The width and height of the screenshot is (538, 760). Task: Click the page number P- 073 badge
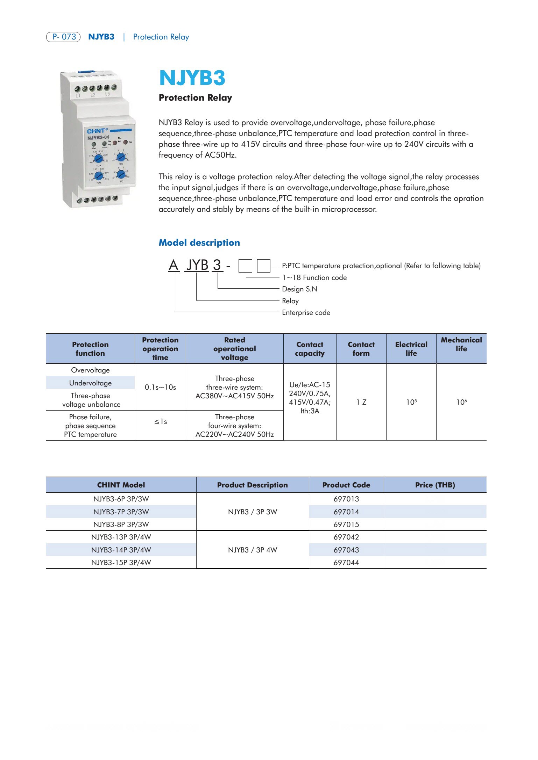pyautogui.click(x=63, y=37)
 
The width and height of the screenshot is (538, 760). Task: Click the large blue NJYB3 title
pyautogui.click(x=192, y=78)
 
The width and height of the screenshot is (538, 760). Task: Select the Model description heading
pyautogui.click(x=199, y=243)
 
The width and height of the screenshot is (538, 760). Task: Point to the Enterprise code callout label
pyautogui.click(x=306, y=312)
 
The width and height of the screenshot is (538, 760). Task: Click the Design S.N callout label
pyautogui.click(x=299, y=289)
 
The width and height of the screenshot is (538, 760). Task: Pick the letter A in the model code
pyautogui.click(x=174, y=265)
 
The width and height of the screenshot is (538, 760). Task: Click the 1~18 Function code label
pyautogui.click(x=314, y=277)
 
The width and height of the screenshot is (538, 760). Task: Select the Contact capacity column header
pyautogui.click(x=310, y=349)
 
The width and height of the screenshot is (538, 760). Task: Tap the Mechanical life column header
pyautogui.click(x=461, y=344)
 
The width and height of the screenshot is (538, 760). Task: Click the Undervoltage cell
pyautogui.click(x=90, y=383)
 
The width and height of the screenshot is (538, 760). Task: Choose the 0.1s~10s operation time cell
pyautogui.click(x=160, y=387)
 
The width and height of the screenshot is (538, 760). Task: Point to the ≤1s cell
pyautogui.click(x=161, y=422)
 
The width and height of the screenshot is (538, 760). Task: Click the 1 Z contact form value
pyautogui.click(x=361, y=402)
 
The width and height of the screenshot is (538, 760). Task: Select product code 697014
pyautogui.click(x=346, y=512)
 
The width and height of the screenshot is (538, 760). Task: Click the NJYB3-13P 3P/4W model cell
pyautogui.click(x=121, y=537)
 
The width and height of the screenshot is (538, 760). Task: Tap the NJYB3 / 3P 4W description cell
pyautogui.click(x=252, y=550)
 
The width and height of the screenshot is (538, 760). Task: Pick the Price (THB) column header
pyautogui.click(x=435, y=485)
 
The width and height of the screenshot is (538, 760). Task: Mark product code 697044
pyautogui.click(x=346, y=562)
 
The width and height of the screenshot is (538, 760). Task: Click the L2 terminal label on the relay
pyautogui.click(x=93, y=95)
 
